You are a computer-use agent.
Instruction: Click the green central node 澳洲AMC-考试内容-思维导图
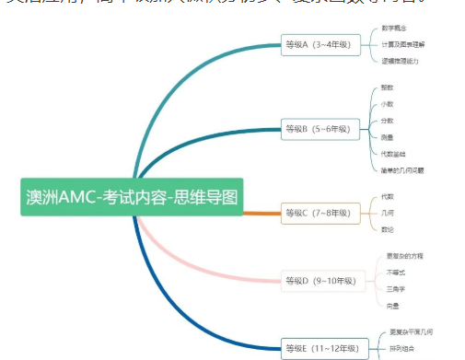[x=132, y=196]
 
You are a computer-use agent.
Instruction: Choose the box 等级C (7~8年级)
[x=318, y=213]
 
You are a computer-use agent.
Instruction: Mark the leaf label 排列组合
[x=401, y=347]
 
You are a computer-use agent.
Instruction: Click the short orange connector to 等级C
[x=262, y=213]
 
